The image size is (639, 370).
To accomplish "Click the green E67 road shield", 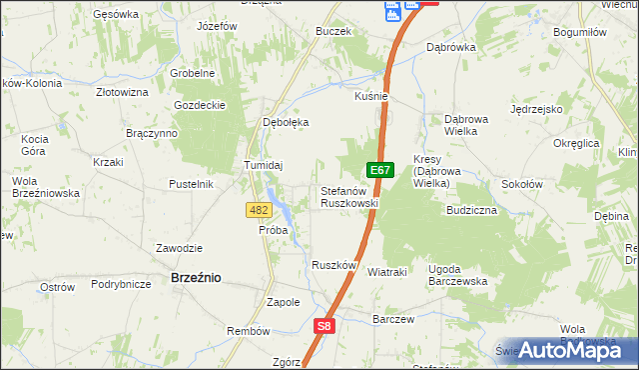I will pos(378,171).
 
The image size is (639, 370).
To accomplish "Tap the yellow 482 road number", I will pos(259,209).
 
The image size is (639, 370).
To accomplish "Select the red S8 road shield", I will pos(323,325).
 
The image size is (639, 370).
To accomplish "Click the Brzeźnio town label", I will pos(196,278).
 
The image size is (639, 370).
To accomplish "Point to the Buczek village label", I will pos(333,31).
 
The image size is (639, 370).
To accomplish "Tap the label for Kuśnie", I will pos(370,96).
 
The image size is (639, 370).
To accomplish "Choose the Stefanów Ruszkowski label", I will pos(348,196).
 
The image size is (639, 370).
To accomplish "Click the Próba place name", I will pos(273,230).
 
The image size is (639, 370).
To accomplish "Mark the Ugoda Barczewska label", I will pos(457,275).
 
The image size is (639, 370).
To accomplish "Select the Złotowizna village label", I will pos(122,91).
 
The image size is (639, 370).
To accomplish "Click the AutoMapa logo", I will pos(577,350).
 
